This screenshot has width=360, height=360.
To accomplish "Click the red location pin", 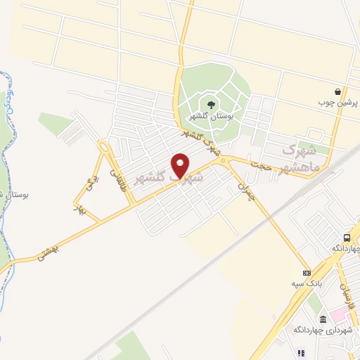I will click(x=181, y=166).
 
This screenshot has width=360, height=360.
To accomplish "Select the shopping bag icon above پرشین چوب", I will click(x=338, y=91).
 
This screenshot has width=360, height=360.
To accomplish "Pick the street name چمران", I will click(x=243, y=186).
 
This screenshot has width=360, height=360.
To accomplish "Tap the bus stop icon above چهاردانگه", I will click(x=346, y=238).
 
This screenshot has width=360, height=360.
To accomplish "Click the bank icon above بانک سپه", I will click(x=306, y=273).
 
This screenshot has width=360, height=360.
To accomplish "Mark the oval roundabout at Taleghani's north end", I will click(x=105, y=148).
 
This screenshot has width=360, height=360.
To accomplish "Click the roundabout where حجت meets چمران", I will click(x=224, y=161).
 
